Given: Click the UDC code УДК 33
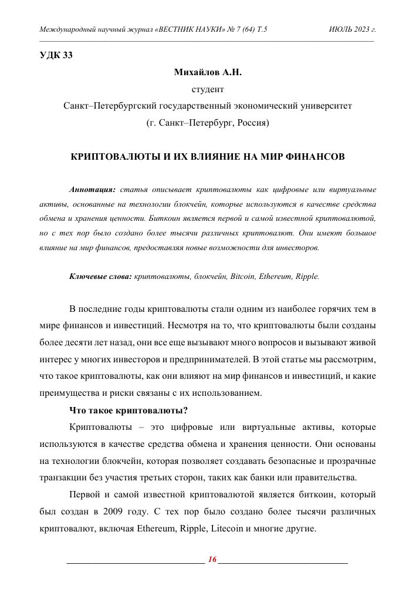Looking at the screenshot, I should click(x=56, y=56).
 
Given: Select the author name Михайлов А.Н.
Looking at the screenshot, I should click(x=208, y=73).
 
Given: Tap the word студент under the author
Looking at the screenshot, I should click(x=208, y=90).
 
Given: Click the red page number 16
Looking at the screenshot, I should click(x=212, y=560).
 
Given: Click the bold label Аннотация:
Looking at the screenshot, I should click(x=93, y=190).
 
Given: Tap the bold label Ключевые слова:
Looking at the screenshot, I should click(x=100, y=276).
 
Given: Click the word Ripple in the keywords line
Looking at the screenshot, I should click(x=307, y=276).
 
